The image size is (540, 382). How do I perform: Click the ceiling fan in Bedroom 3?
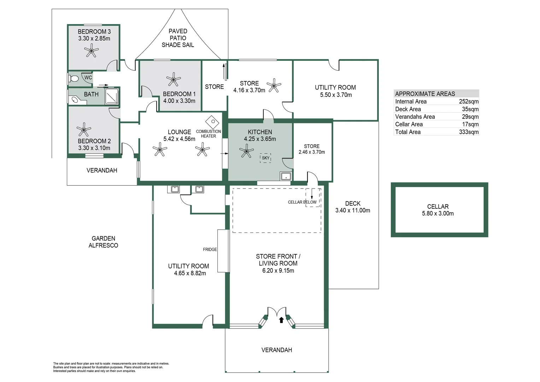point(92,51)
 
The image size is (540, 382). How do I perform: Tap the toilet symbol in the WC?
point(74,79)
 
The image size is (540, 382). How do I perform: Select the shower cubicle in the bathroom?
point(112,96)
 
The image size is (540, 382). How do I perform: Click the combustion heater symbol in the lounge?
point(212,122)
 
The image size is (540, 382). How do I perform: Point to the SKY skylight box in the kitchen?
point(265,158)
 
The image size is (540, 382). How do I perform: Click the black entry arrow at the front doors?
point(281,320)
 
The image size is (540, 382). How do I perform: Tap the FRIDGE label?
point(210,249)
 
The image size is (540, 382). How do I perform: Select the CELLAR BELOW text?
point(302,202)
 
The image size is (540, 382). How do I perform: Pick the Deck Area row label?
point(408,109)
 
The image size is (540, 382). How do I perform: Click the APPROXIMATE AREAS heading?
point(425,94)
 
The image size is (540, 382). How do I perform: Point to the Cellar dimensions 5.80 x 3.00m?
point(438,214)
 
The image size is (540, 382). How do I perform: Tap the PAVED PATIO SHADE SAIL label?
point(178,38)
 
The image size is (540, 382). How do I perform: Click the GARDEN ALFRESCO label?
point(103,242)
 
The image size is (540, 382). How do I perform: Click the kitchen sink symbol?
point(286,176)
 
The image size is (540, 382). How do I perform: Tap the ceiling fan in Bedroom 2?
point(84,130)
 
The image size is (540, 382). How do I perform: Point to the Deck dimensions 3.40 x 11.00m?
point(353,210)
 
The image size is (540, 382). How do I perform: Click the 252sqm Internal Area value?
point(469,102)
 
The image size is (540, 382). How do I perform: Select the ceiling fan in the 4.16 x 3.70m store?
point(274,85)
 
